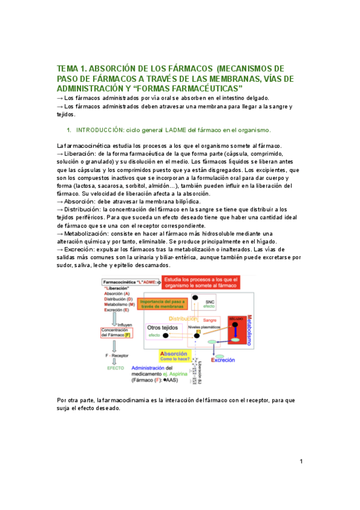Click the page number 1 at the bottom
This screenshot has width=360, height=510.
(x=301, y=461)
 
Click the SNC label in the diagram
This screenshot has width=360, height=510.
(x=210, y=302)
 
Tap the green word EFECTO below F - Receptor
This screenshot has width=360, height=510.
(x=116, y=367)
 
